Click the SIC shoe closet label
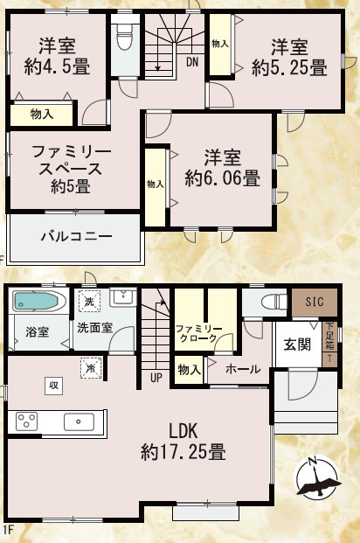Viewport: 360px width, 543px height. (x=315, y=302)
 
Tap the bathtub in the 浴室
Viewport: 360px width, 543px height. (x=35, y=302)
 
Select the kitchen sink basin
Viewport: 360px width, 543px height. (x=79, y=421)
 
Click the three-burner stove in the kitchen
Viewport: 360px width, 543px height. (x=27, y=421)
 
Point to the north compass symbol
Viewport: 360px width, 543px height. (x=316, y=479)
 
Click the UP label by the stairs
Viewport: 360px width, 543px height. (x=156, y=377)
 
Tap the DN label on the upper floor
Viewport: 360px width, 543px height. (x=192, y=62)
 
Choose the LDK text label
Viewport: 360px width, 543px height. (x=183, y=431)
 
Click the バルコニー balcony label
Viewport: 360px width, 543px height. (x=77, y=236)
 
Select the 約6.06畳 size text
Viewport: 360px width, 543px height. (x=222, y=178)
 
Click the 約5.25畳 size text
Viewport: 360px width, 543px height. (x=289, y=67)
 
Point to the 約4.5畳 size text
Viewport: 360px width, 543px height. (x=57, y=66)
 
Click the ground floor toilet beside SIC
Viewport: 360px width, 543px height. (x=274, y=302)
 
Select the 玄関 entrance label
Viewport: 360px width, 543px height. (x=297, y=345)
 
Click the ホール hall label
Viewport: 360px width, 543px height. (x=243, y=369)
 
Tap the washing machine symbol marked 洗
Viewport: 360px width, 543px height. (x=89, y=301)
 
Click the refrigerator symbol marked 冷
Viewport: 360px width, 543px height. (x=91, y=368)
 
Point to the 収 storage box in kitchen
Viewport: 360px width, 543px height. (x=53, y=386)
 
